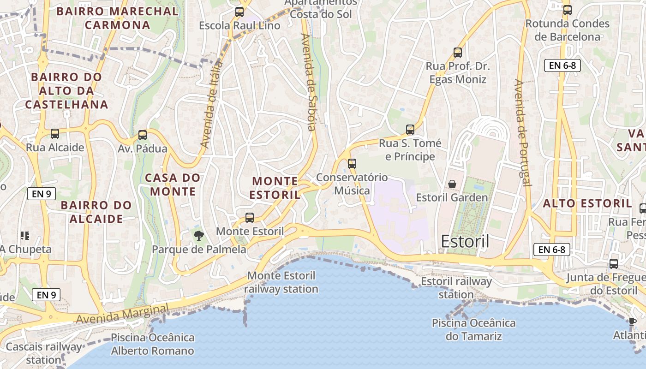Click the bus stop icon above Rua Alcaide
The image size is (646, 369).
click(x=55, y=134)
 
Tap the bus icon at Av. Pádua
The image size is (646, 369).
click(x=143, y=135)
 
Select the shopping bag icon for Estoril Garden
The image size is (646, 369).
click(x=452, y=184)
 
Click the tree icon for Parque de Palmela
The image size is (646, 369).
click(x=198, y=236)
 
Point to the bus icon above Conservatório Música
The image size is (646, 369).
click(x=352, y=163)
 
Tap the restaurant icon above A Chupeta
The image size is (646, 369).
click(x=25, y=236)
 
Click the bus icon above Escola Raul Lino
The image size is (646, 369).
click(x=239, y=12)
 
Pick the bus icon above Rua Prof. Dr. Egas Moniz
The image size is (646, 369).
click(x=458, y=53)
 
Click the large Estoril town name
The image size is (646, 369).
click(x=465, y=241)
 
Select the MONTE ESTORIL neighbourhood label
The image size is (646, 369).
click(x=275, y=188)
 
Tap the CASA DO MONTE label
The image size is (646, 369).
click(x=173, y=184)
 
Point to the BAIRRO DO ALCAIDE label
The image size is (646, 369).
click(x=96, y=212)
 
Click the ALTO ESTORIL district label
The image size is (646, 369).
click(x=587, y=203)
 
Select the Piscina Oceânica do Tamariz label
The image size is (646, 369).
click(x=473, y=329)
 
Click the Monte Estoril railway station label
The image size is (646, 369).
click(x=281, y=282)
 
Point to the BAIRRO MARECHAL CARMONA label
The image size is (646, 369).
click(x=117, y=18)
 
